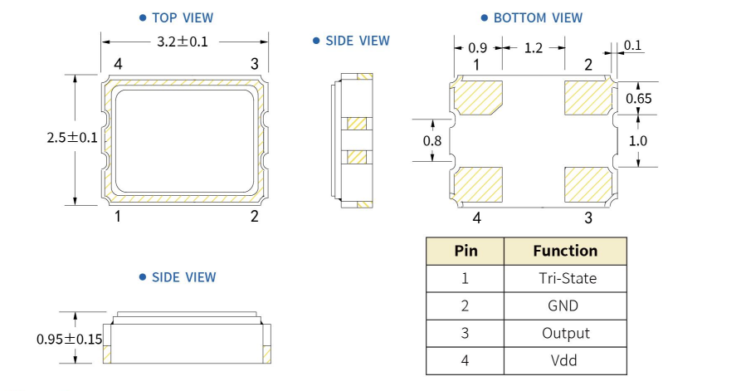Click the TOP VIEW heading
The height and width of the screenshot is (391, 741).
click(x=182, y=17)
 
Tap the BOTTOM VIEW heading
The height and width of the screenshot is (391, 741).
click(x=537, y=17)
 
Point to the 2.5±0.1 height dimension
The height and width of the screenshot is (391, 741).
click(x=72, y=138)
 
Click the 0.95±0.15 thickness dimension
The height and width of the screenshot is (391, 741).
click(x=69, y=339)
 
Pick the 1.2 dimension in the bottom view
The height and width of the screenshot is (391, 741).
click(x=533, y=49)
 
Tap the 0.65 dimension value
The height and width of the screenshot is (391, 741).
click(x=638, y=98)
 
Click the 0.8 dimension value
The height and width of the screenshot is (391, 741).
click(x=431, y=141)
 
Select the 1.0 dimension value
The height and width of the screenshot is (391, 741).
click(x=637, y=141)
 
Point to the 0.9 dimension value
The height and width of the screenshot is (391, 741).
click(x=477, y=49)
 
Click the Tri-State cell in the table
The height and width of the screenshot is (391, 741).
click(x=564, y=278)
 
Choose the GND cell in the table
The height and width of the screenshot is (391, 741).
click(x=564, y=305)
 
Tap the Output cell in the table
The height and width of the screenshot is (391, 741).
click(x=564, y=333)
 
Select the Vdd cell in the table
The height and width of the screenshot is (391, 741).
click(x=564, y=360)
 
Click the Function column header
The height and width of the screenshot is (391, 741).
click(x=564, y=251)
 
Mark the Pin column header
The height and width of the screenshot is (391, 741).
click(x=466, y=251)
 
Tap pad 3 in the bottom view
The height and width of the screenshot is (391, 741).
click(x=587, y=183)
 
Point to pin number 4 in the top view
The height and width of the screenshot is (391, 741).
click(x=118, y=64)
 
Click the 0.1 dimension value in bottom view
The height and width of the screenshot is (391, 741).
click(x=632, y=45)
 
